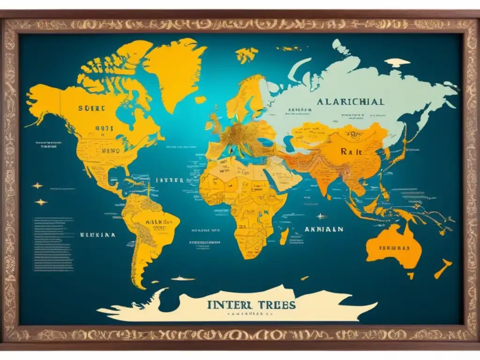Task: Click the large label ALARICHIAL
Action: [x=350, y=101]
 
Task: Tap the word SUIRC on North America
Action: [x=92, y=107]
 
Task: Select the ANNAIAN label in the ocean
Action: [x=323, y=230]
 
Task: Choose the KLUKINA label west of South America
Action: [x=98, y=235]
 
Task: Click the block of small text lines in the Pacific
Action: [x=53, y=244]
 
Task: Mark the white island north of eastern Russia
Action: [x=397, y=62]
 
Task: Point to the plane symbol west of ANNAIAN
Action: [x=320, y=216]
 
